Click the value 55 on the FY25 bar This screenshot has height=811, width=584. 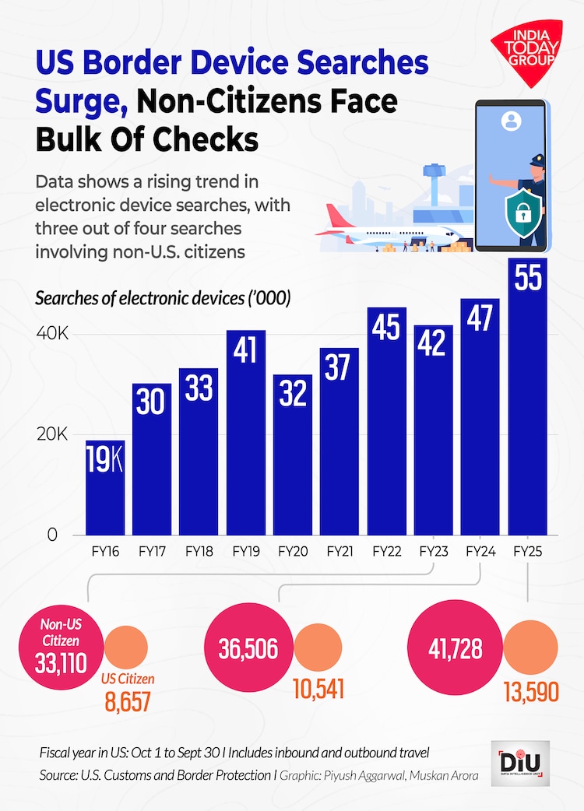pyautogui.click(x=529, y=279)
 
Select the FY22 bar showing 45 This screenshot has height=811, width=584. pyautogui.click(x=386, y=420)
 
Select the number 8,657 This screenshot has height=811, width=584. pyautogui.click(x=127, y=700)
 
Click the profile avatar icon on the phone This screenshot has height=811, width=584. pyautogui.click(x=512, y=122)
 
